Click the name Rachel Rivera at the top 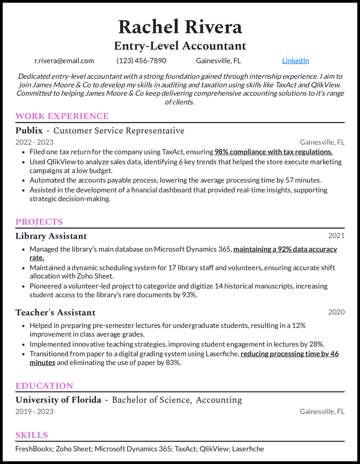point(180,27)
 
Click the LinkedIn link point(295,61)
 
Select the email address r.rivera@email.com point(64,61)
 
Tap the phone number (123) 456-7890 point(141,61)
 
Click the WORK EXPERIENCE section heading point(62,116)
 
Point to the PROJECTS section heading point(39,222)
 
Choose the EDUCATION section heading point(44,386)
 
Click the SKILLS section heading point(31,435)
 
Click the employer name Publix point(29,131)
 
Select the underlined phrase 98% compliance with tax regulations point(274,152)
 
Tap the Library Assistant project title point(51,236)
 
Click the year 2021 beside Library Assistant point(336,236)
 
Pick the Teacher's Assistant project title point(55,312)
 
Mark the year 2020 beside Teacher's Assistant point(336,312)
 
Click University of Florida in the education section point(58,400)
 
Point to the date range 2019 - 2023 point(34,411)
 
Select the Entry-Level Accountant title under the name point(180,46)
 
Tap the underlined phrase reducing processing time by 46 point(289,354)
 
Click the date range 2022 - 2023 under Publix point(34,142)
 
